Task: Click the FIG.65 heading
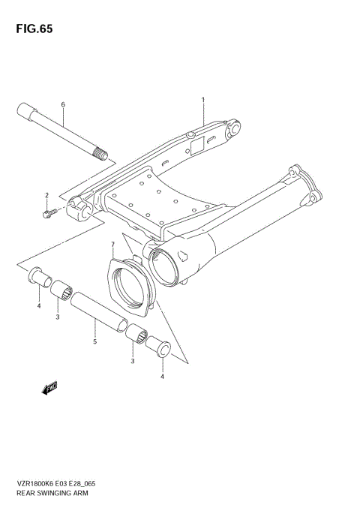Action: [32, 29]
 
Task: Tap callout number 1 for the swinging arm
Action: [202, 98]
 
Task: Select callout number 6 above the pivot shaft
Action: [63, 105]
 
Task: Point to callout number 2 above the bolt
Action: [46, 195]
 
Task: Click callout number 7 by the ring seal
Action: [112, 245]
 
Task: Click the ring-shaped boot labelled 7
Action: [131, 283]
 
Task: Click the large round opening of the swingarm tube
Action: [166, 263]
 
